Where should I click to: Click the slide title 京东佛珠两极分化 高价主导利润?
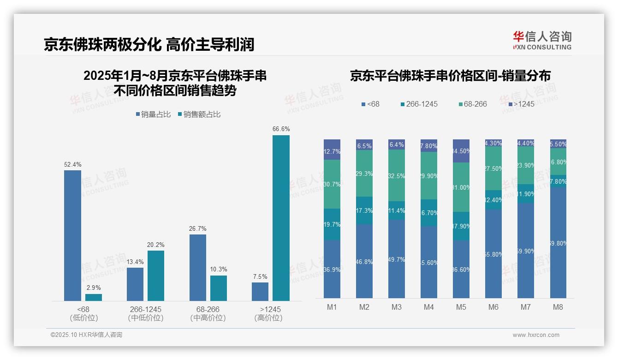pyautogui.click(x=149, y=44)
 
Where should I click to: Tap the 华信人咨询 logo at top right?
pyautogui.click(x=542, y=40)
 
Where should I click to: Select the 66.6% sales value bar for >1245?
pyautogui.click(x=281, y=218)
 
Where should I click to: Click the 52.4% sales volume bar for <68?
pyautogui.click(x=72, y=235)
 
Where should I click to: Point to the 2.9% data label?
pyautogui.click(x=94, y=288)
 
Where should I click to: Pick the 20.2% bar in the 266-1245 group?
pyautogui.click(x=156, y=276)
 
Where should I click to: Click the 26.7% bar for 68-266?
pyautogui.click(x=198, y=268)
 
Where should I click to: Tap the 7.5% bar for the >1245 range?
pyautogui.click(x=260, y=292)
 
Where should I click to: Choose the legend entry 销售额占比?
pyautogui.click(x=199, y=114)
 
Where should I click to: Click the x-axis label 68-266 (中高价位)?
pyautogui.click(x=208, y=313)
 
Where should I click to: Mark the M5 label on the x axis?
pyautogui.click(x=461, y=307)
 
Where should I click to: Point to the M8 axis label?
pyautogui.click(x=558, y=307)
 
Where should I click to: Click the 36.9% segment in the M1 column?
pyautogui.click(x=332, y=269)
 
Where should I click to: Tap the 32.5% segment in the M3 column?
pyautogui.click(x=397, y=175)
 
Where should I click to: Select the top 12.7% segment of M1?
pyautogui.click(x=332, y=150)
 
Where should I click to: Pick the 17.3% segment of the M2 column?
pyautogui.click(x=364, y=210)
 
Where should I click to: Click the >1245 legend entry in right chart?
pyautogui.click(x=521, y=104)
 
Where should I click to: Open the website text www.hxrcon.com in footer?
pyautogui.click(x=535, y=335)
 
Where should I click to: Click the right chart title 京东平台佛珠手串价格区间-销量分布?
pyautogui.click(x=450, y=76)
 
